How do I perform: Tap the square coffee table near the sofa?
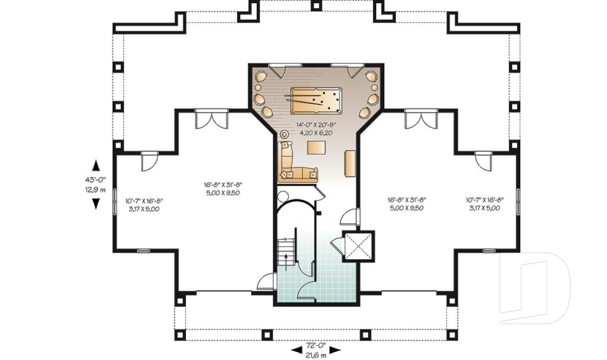(x=316, y=148)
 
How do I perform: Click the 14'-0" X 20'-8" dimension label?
(x=314, y=126)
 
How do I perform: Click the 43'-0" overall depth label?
(x=95, y=180)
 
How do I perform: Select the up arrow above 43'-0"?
(x=95, y=166)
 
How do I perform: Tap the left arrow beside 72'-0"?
(x=295, y=351)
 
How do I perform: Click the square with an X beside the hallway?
(x=358, y=246)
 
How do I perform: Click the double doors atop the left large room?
(x=211, y=118)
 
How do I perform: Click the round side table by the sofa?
(x=284, y=134)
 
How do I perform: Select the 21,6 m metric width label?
(x=316, y=356)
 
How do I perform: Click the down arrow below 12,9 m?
(x=95, y=204)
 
